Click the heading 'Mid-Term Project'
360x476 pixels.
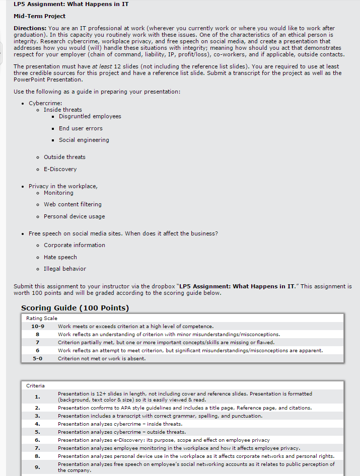[39, 16]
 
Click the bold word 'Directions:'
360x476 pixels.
[30, 28]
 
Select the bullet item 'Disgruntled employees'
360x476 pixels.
[90, 116]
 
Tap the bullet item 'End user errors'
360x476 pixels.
[81, 128]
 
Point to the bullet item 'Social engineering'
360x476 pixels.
[84, 140]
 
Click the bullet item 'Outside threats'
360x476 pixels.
[64, 157]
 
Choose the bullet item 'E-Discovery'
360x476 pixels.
[60, 169]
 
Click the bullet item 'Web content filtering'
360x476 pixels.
[73, 204]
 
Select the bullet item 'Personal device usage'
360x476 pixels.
[74, 216]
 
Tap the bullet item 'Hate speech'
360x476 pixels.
[60, 257]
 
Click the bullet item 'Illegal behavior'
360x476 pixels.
[64, 269]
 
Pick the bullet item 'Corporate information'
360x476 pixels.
[74, 245]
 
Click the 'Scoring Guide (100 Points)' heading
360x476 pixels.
[75, 308]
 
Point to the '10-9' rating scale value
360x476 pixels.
[38, 326]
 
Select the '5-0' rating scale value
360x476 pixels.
[38, 358]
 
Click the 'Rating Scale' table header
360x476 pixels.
[42, 318]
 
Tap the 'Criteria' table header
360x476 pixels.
[35, 385]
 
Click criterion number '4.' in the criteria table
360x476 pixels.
[37, 424]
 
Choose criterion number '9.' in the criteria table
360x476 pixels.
[37, 467]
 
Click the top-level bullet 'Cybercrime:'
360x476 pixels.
[45, 103]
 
